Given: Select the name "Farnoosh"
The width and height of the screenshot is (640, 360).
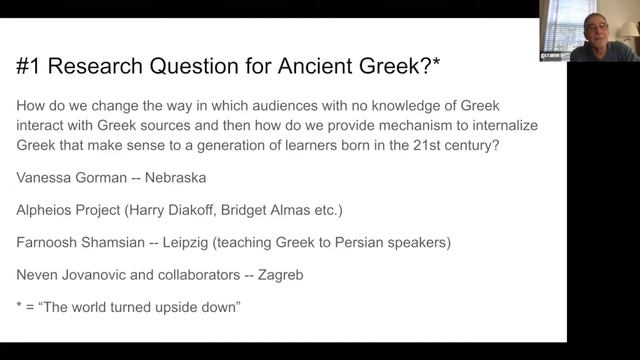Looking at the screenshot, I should point(53,241).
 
